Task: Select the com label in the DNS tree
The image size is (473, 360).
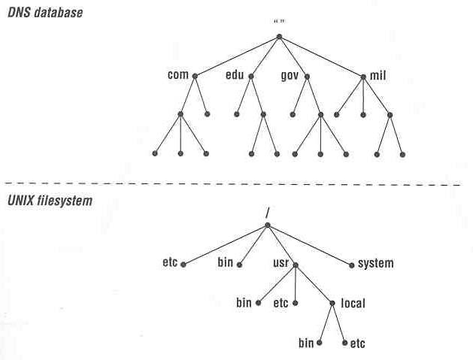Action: (177, 75)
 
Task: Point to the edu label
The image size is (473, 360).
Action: (235, 75)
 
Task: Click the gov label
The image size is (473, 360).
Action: (290, 75)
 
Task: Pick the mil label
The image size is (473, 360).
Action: (377, 75)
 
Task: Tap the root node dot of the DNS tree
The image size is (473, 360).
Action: (279, 36)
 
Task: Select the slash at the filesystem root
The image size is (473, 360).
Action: (267, 213)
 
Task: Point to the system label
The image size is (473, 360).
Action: (375, 264)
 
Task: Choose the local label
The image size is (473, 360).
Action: (352, 304)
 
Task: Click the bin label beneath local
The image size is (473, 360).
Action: (305, 343)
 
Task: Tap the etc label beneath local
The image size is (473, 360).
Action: (358, 343)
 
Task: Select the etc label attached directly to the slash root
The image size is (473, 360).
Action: (169, 264)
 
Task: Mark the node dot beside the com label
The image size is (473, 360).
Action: (195, 76)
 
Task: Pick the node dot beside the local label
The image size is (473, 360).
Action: (332, 304)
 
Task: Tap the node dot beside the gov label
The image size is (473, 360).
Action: (308, 76)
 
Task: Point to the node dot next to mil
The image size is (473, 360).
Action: (363, 76)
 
